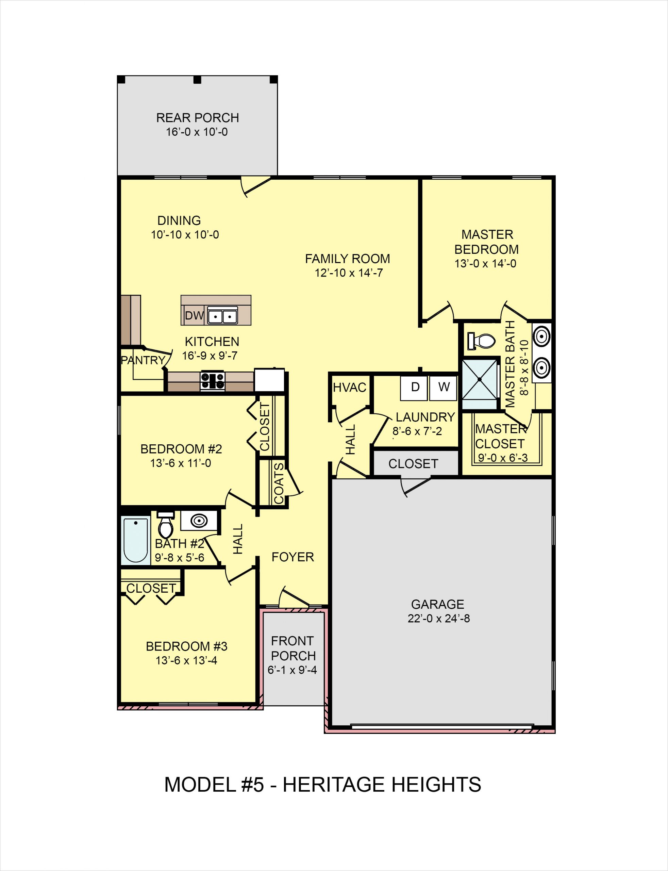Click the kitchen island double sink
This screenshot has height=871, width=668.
click(223, 316)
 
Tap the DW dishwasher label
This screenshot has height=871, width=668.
click(194, 316)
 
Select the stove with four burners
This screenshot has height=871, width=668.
click(212, 381)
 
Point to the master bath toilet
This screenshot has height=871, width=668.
click(482, 341)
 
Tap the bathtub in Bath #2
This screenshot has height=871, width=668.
click(136, 540)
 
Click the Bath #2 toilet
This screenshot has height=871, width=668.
click(165, 525)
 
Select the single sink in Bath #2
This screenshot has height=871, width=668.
click(199, 521)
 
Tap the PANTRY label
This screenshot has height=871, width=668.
click(143, 360)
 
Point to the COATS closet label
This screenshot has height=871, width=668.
click(279, 483)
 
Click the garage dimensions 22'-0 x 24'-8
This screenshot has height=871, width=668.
click(438, 619)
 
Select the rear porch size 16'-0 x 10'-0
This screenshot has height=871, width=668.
click(197, 132)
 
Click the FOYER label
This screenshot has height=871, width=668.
click(293, 557)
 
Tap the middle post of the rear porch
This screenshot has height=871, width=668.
click(197, 80)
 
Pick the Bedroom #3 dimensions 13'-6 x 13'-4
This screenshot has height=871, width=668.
click(186, 661)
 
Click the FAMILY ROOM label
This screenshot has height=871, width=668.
click(347, 259)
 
